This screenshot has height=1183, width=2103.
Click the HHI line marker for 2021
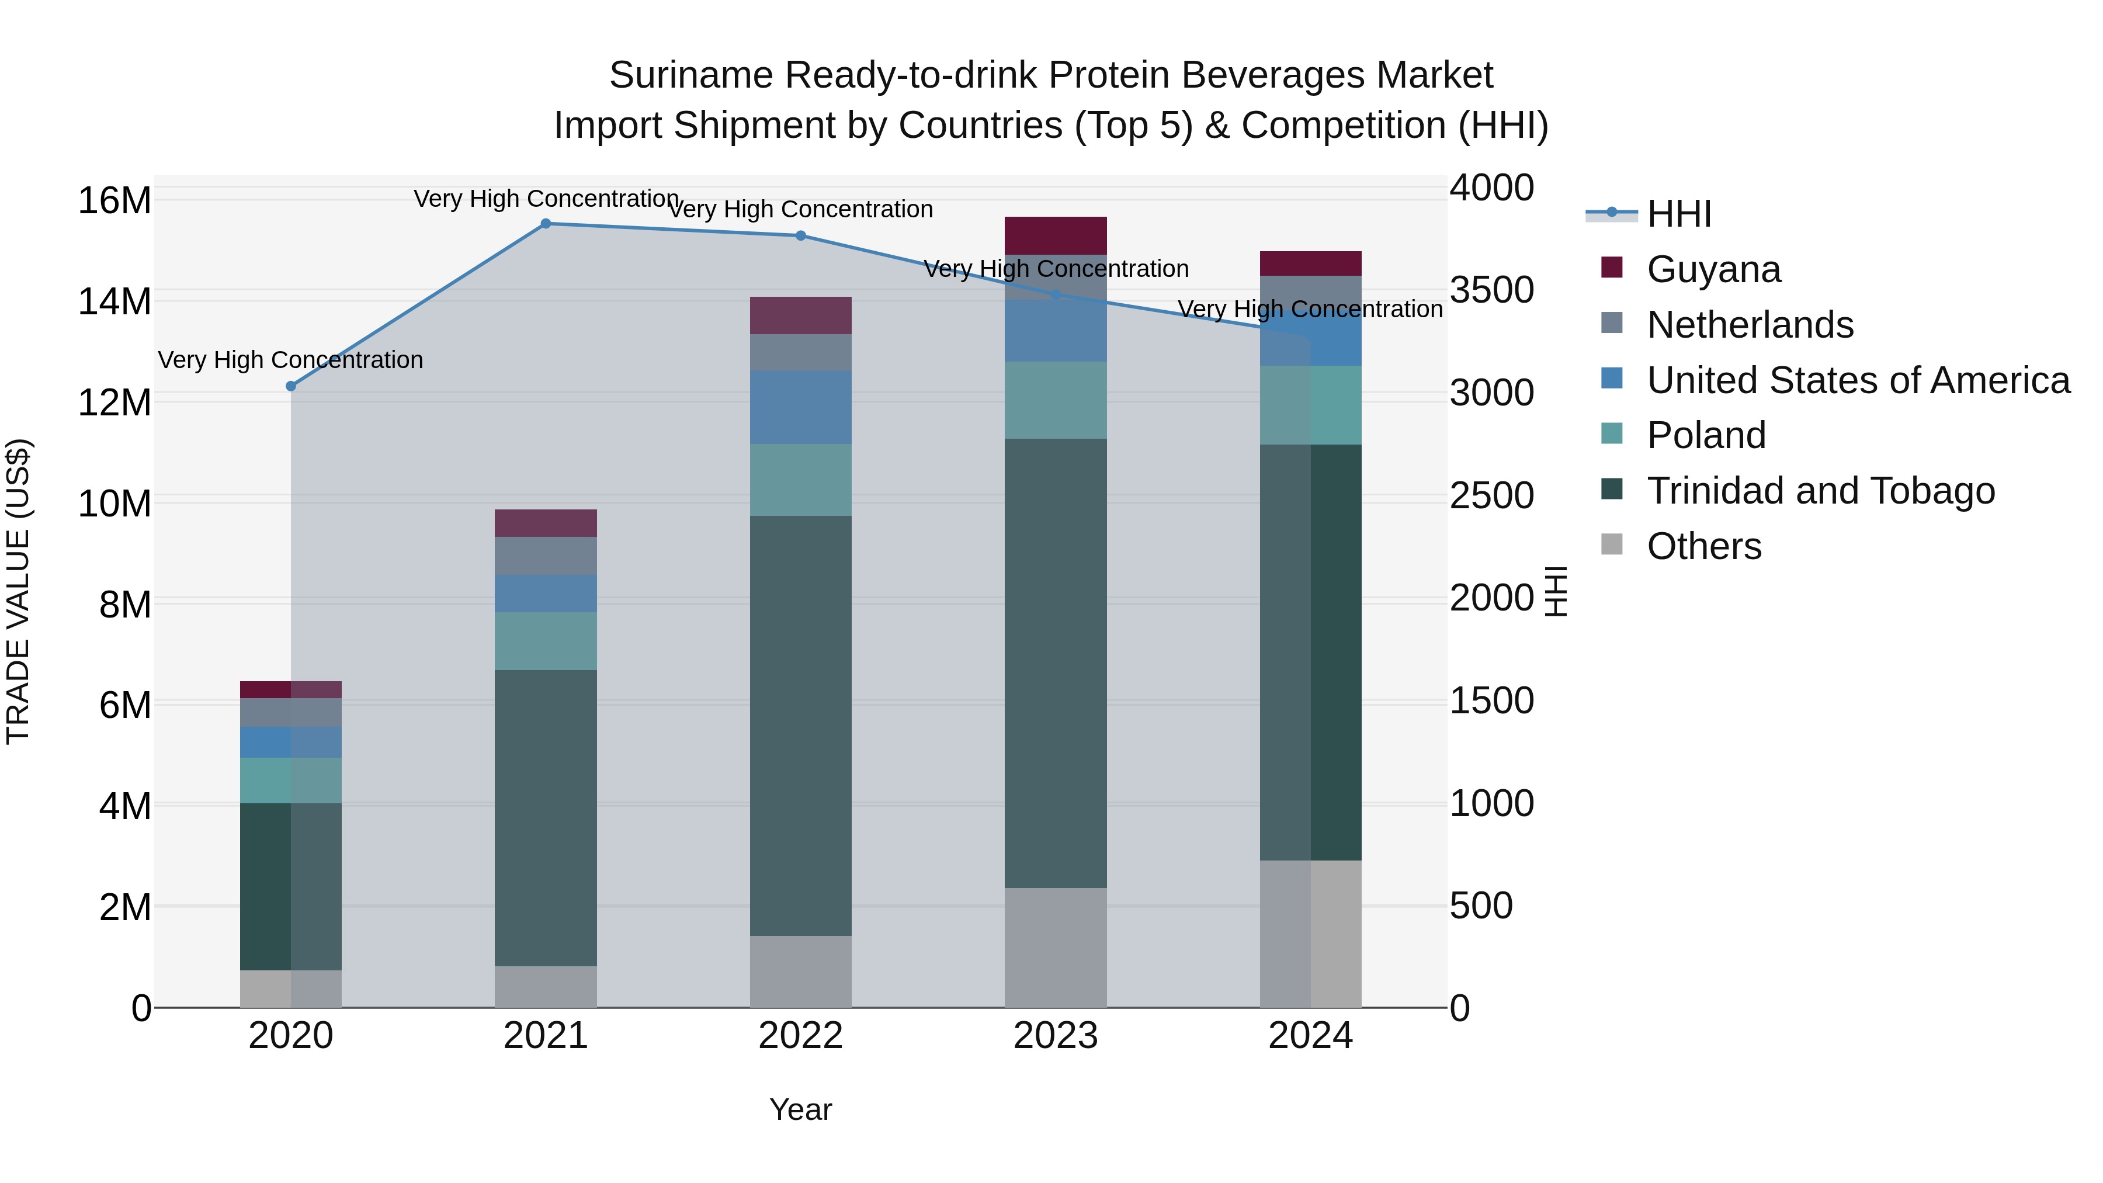tap(546, 224)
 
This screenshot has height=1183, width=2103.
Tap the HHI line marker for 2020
tap(291, 386)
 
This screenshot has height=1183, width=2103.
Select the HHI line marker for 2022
tap(801, 236)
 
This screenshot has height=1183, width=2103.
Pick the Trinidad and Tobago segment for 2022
tap(801, 725)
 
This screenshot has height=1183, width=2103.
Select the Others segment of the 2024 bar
tap(1310, 934)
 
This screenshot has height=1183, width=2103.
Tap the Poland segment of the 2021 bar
tap(546, 641)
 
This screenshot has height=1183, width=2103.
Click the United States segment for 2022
tap(801, 407)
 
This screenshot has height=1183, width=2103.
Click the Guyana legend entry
tap(1713, 269)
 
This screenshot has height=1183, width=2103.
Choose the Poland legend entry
tap(1706, 435)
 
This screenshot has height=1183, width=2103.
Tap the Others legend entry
tap(1704, 546)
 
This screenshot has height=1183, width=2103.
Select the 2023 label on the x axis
tap(1056, 1036)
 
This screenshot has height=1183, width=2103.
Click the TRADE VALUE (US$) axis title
tap(19, 591)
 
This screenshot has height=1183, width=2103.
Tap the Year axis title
tap(800, 1109)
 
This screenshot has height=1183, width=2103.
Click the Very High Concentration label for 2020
tap(291, 360)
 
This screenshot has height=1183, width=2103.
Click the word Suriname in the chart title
tap(690, 76)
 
